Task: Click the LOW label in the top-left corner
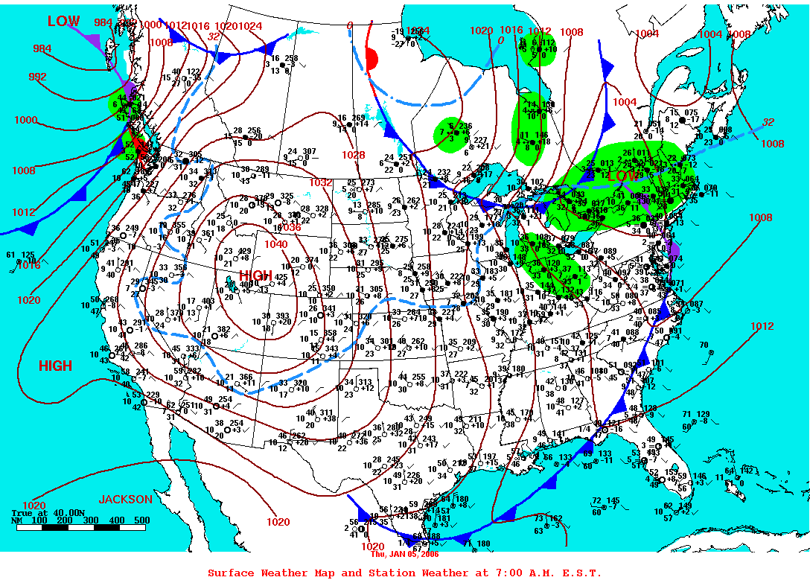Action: coord(63,22)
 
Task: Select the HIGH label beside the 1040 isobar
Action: coord(255,275)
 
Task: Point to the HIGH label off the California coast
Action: coord(56,366)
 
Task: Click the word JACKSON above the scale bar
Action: coord(126,499)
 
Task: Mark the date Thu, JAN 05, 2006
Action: coord(405,554)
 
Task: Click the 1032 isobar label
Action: coord(321,182)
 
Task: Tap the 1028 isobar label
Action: coord(354,155)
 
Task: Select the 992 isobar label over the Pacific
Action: coord(37,77)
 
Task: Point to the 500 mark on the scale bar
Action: coord(141,520)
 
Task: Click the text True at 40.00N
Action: coord(45,513)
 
